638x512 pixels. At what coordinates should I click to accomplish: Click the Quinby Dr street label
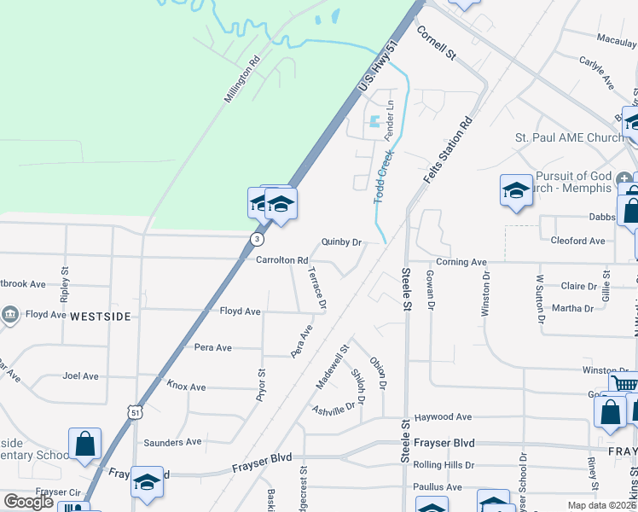[341, 242]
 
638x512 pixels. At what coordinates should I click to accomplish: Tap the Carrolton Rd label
[281, 260]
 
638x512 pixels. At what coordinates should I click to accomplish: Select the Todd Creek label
[383, 177]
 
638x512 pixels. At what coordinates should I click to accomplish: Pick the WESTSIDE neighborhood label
[101, 317]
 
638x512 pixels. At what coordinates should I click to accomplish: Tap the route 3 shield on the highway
[257, 239]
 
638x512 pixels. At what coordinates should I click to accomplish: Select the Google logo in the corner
[28, 502]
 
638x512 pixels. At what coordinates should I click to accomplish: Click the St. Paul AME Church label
[570, 138]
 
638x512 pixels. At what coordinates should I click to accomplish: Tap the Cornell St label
[437, 42]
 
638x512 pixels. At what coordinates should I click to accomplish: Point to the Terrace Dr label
[317, 288]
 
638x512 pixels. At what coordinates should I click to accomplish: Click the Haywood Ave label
[443, 417]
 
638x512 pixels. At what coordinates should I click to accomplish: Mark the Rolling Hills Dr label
[449, 465]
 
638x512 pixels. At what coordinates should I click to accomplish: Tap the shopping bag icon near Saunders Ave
[84, 444]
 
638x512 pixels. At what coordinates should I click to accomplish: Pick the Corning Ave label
[461, 262]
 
